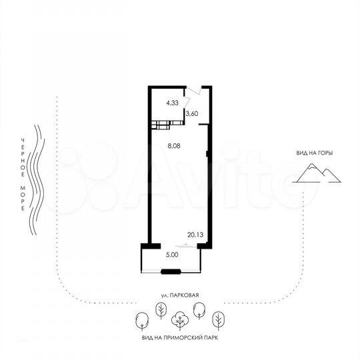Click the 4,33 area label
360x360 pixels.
point(172,103)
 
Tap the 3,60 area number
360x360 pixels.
point(192,113)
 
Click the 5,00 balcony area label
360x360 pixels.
point(171,254)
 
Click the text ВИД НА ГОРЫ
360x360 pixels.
point(315,153)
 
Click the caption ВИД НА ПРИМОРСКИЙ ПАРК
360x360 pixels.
point(179,338)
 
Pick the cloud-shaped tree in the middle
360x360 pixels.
point(179,321)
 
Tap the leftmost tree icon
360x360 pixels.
point(141,321)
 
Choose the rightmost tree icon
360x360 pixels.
point(218,320)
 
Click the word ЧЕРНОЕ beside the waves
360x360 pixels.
point(23,149)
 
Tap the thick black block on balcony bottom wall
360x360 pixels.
point(172,271)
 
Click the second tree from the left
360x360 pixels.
point(160,310)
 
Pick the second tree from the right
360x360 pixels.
point(199,310)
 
